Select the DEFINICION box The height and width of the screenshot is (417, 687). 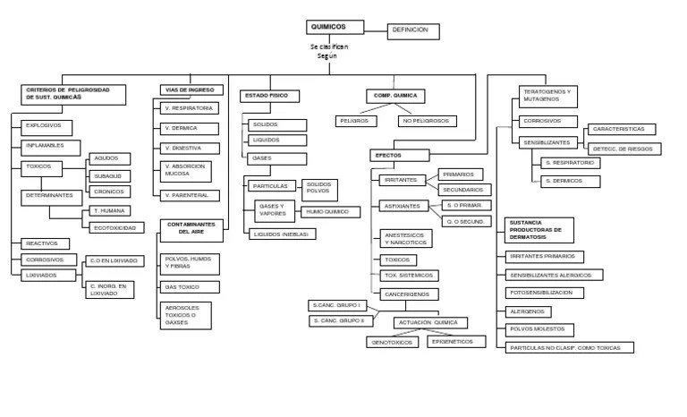413,30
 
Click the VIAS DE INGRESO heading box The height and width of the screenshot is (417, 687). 191,89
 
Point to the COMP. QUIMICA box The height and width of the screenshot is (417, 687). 394,95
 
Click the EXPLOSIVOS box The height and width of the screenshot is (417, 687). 47,125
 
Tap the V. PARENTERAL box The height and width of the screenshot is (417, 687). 190,194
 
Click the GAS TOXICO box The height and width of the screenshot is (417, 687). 190,287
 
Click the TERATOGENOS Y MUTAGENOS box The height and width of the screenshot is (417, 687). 548,95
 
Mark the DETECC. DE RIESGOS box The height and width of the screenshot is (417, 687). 623,148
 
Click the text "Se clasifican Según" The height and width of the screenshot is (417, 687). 328,51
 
